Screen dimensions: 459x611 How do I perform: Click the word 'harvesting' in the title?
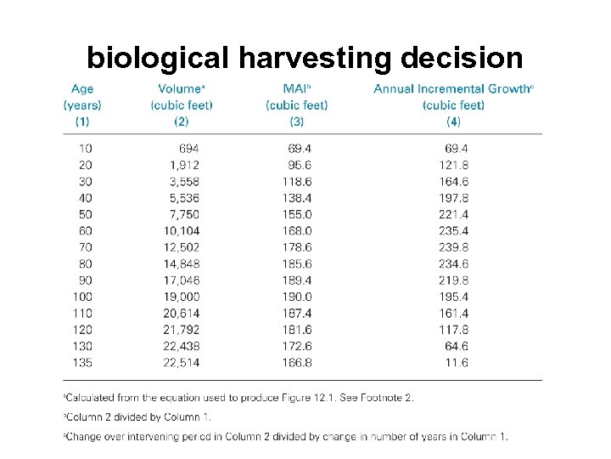313,58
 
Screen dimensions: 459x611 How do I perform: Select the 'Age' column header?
82,88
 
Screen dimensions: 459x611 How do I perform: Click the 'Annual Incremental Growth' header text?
452,88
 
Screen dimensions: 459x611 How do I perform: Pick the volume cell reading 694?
188,148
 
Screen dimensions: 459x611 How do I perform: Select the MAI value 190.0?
296,297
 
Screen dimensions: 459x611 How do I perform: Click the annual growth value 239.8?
453,246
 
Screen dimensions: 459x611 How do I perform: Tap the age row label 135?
82,363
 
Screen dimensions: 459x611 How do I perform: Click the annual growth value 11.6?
456,363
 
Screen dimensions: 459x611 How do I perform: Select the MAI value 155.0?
296,214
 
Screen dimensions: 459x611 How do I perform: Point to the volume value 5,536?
184,197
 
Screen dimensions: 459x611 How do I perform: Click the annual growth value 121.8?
453,165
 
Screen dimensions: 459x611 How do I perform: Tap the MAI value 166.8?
296,363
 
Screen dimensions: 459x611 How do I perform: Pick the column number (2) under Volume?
181,122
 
